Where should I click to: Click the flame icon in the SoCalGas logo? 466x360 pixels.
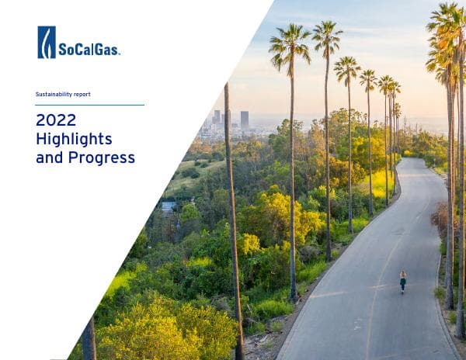coord(47,42)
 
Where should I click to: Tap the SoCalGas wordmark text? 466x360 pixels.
coord(89,50)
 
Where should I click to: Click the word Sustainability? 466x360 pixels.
coord(53,95)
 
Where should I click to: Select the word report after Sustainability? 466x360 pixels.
coord(82,95)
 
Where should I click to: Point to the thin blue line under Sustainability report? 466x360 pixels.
coord(89,105)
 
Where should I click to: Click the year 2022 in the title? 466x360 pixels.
coord(56,120)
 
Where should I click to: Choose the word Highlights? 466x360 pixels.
coord(74,139)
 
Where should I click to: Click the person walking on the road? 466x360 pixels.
coord(402,281)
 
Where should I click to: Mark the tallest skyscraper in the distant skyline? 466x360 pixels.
coord(245,119)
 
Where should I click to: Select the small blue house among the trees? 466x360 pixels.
coord(169,207)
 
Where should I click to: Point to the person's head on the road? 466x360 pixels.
coord(402,274)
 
